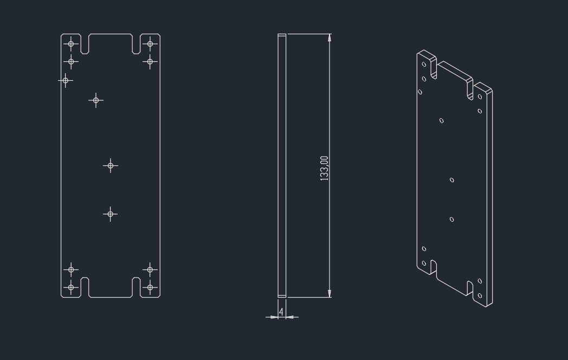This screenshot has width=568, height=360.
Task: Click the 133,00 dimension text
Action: [324, 168]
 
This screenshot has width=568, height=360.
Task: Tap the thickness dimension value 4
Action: [281, 312]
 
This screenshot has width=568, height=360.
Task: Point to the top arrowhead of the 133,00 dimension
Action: [330, 37]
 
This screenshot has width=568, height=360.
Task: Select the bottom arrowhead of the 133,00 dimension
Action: [330, 293]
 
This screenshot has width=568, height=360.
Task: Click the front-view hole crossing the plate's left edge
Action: [66, 80]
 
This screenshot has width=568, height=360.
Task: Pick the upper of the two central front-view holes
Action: [111, 166]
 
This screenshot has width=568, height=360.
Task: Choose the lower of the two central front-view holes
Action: [111, 214]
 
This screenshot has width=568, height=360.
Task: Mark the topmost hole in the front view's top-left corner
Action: [71, 44]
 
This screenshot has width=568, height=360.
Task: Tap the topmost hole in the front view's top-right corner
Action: [150, 44]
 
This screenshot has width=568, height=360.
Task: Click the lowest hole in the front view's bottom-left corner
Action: [71, 287]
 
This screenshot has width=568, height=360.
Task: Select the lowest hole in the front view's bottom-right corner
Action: [150, 287]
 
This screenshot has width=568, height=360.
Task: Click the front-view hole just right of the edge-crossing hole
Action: [96, 100]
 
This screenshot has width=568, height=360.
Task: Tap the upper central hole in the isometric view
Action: [451, 180]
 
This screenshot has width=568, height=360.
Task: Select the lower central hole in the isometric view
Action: [451, 220]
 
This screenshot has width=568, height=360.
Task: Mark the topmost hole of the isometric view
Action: [424, 65]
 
